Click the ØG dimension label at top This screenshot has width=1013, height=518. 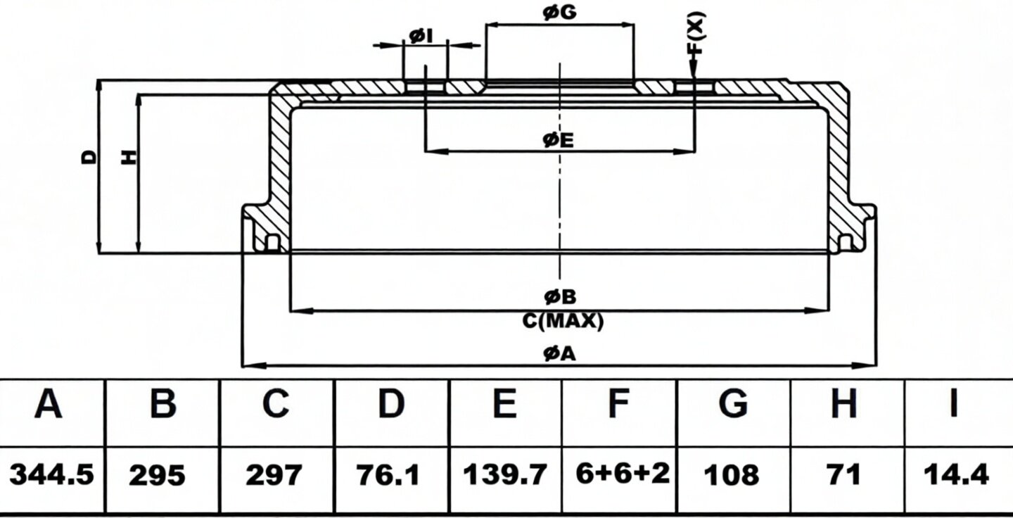click(559, 12)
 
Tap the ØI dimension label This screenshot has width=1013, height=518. click(421, 36)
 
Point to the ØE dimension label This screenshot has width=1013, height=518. click(558, 140)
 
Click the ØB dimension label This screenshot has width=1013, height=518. click(560, 297)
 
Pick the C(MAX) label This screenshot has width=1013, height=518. click(563, 321)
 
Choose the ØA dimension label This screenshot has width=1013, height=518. click(560, 353)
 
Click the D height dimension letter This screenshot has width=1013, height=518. click(89, 157)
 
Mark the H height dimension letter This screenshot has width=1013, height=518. click(129, 157)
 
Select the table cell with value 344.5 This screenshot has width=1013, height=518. click(51, 475)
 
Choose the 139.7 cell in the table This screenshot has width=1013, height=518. click(506, 474)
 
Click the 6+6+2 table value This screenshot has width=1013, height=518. click(623, 474)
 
